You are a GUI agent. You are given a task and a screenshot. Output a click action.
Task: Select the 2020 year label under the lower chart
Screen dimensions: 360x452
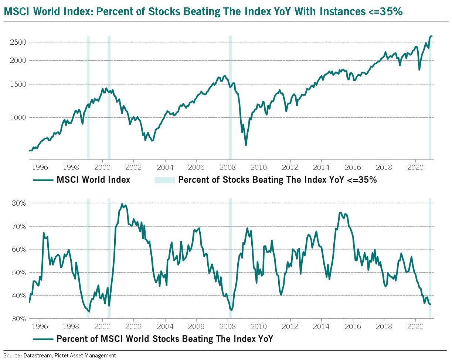(x=416, y=326)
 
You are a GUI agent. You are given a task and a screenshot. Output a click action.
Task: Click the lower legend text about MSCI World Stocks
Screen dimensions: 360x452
(x=164, y=339)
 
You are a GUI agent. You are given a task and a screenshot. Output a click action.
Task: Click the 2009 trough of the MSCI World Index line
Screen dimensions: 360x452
(x=246, y=145)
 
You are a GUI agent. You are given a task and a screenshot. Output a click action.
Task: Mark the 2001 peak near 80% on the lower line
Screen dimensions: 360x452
(x=122, y=204)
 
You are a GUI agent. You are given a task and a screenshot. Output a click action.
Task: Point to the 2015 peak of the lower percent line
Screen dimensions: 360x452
(x=340, y=213)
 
